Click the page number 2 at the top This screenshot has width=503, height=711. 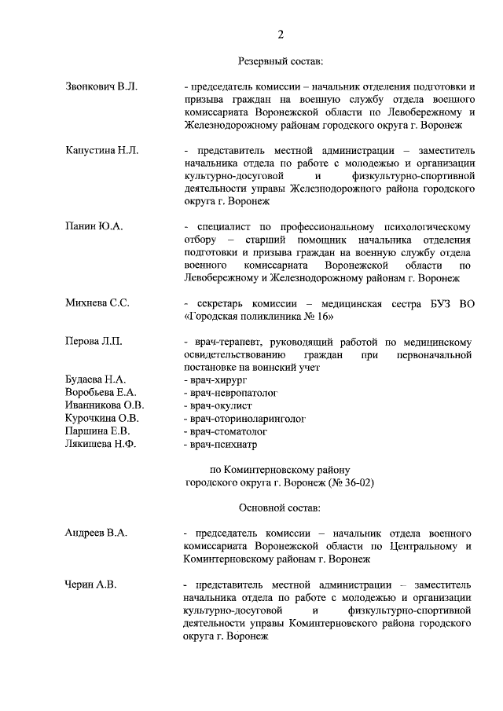click(280, 34)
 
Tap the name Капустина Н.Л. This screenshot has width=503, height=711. click(101, 150)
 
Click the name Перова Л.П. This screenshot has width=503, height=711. click(93, 342)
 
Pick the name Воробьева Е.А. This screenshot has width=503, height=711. click(101, 393)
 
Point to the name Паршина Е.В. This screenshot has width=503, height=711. click(97, 431)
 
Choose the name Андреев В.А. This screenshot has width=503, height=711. click(96, 533)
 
